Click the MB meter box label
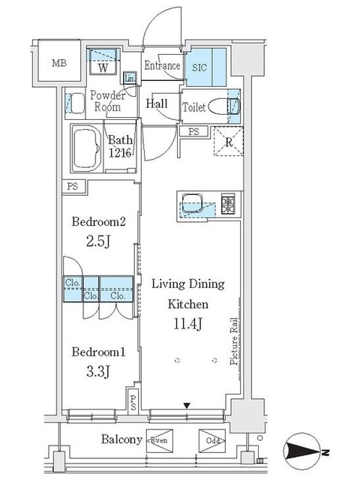pyautogui.click(x=59, y=63)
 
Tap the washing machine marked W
pyautogui.click(x=103, y=61)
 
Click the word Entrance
pyautogui.click(x=162, y=65)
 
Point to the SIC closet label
pyautogui.click(x=199, y=67)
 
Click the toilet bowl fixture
pyautogui.click(x=224, y=106)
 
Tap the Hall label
pyautogui.click(x=157, y=103)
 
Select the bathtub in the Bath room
pyautogui.click(x=87, y=149)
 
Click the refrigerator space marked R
pyautogui.click(x=229, y=142)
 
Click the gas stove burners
pyautogui.click(x=228, y=203)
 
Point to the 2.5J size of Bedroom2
pyautogui.click(x=98, y=241)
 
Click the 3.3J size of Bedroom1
pyautogui.click(x=98, y=372)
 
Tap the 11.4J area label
pyautogui.click(x=188, y=323)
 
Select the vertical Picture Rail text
pyautogui.click(x=234, y=341)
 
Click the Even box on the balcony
pyautogui.click(x=160, y=440)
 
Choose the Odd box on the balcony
pyautogui.click(x=212, y=440)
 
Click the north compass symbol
pyautogui.click(x=303, y=451)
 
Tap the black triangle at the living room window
pyautogui.click(x=187, y=406)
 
